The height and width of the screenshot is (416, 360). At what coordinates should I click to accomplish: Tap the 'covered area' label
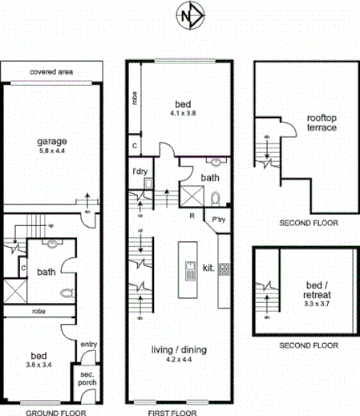point(51,72)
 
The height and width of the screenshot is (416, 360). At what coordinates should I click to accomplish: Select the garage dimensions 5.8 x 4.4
point(51,151)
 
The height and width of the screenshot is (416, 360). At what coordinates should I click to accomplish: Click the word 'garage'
point(51,142)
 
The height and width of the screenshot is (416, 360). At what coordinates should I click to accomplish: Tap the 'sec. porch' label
point(87,380)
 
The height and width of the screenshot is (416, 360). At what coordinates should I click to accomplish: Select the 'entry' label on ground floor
point(88,345)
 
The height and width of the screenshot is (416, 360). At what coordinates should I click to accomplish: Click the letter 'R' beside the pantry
point(192,216)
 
